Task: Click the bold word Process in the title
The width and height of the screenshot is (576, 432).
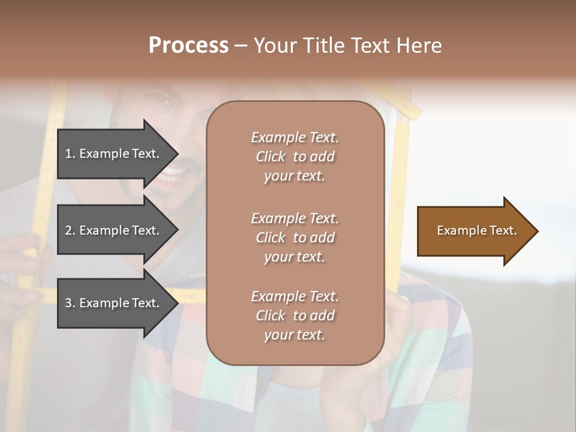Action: point(188,46)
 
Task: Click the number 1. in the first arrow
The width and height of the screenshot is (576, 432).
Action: point(70,154)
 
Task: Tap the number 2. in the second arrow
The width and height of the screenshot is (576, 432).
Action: point(70,230)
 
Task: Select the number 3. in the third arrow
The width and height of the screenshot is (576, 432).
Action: point(70,303)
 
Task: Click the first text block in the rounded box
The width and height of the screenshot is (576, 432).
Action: point(295,157)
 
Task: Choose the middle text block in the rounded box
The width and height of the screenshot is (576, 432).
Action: point(295,238)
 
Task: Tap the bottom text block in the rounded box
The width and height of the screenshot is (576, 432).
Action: point(295,316)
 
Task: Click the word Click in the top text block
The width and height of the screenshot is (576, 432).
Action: point(270,157)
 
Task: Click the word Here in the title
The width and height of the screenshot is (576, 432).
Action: point(419,46)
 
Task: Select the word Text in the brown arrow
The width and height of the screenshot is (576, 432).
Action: point(503,230)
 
